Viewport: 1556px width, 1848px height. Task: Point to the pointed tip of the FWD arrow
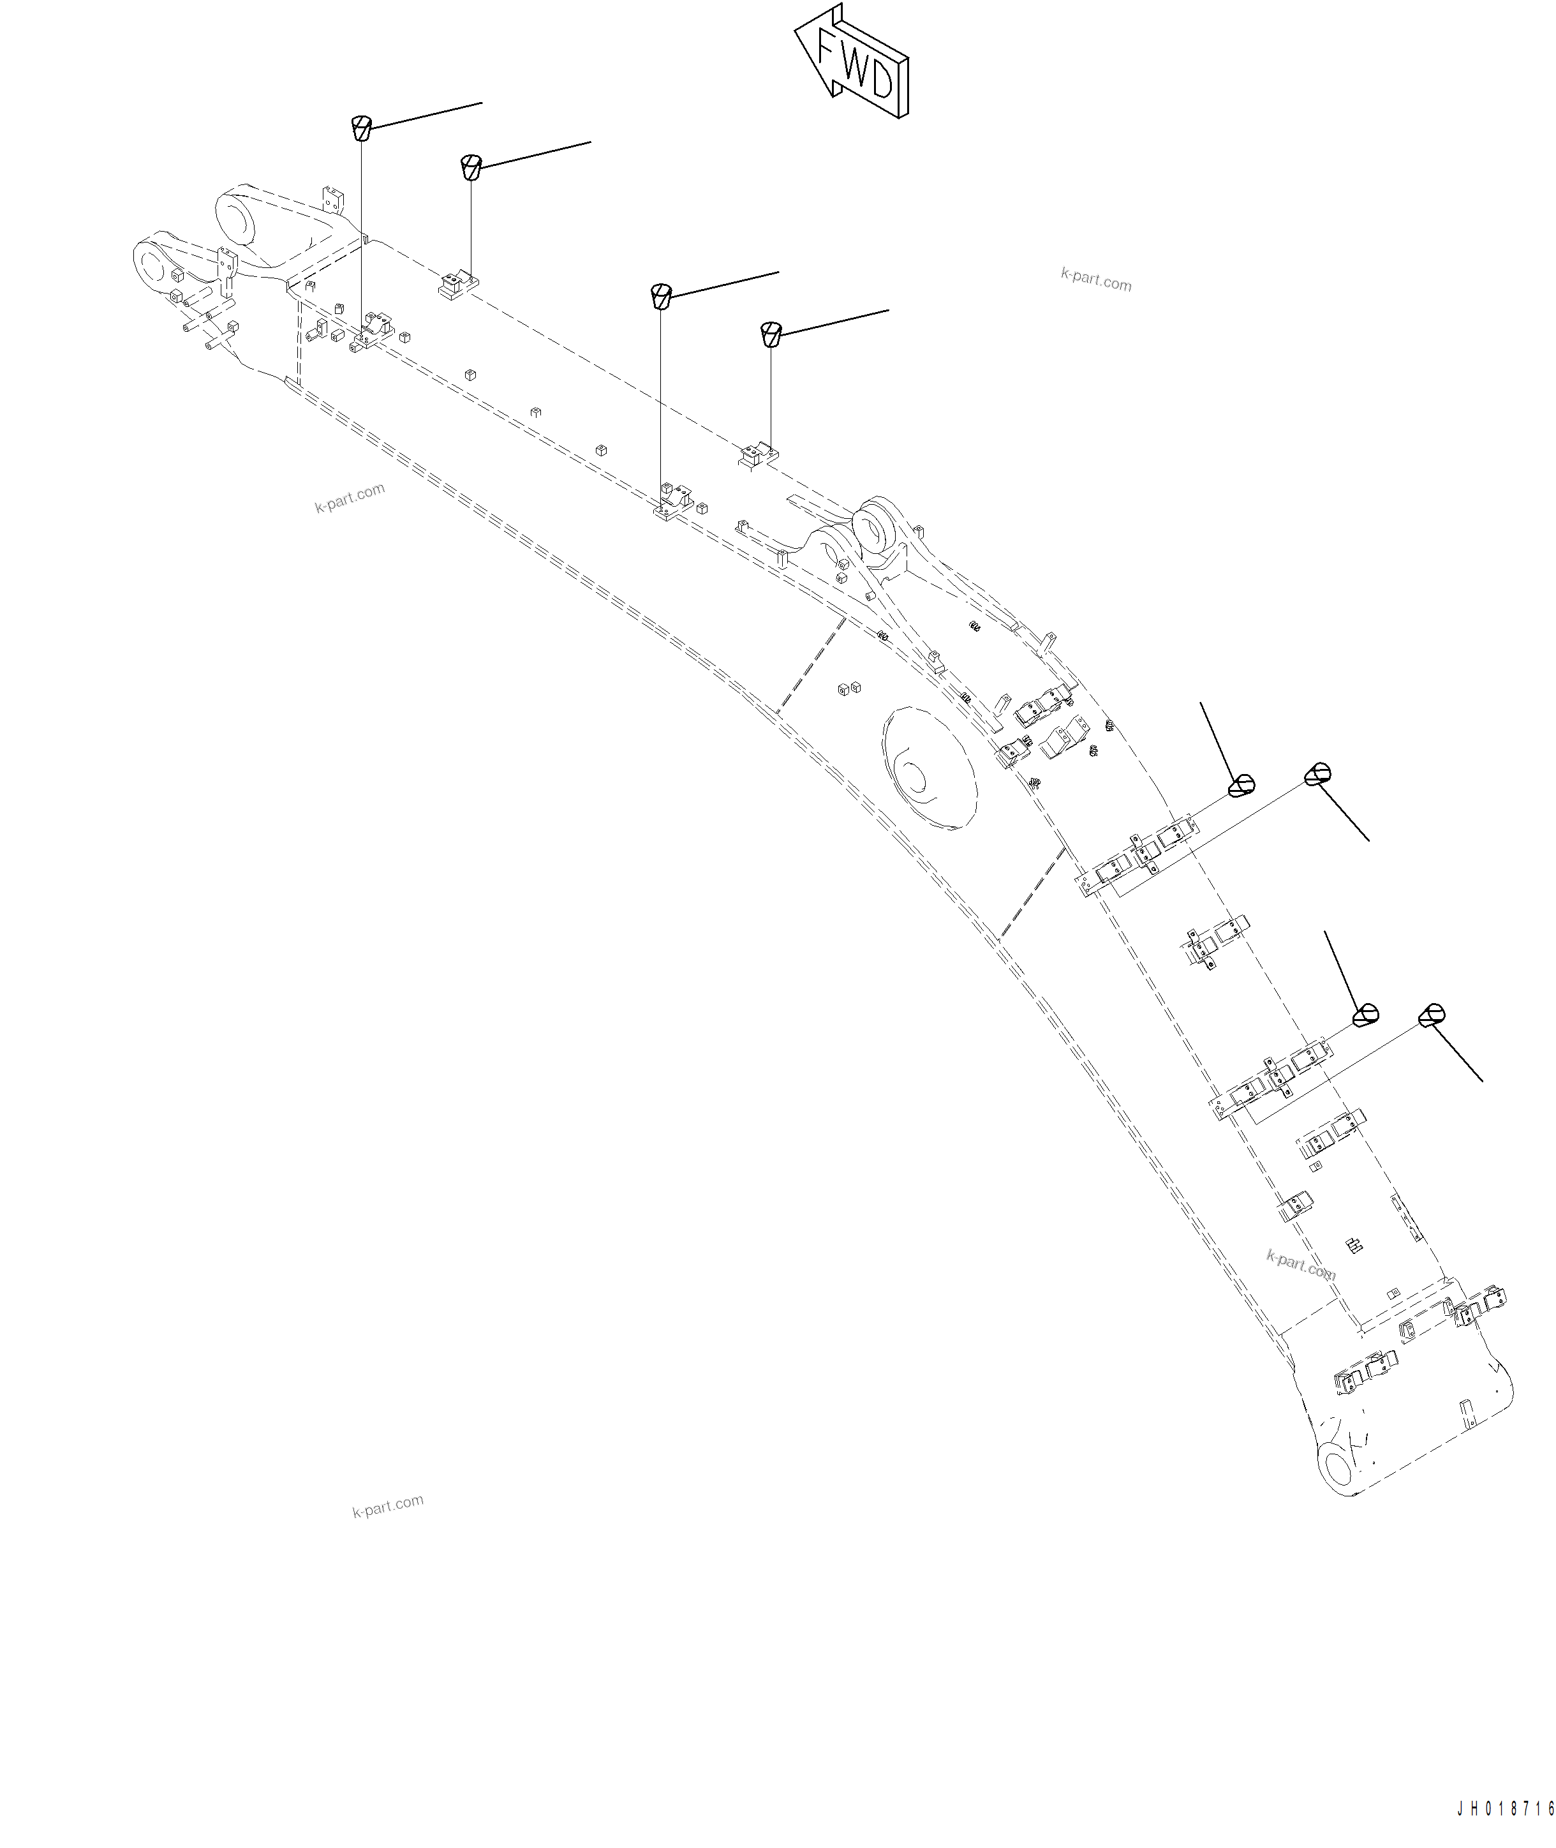click(x=797, y=31)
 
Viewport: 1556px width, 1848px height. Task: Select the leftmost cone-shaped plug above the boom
click(x=360, y=128)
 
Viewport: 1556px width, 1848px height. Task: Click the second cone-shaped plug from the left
click(x=471, y=166)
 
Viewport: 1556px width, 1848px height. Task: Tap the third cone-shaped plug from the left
click(x=661, y=296)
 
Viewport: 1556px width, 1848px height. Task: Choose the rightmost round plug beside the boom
click(x=1432, y=1015)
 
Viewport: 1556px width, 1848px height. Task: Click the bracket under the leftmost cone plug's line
click(x=374, y=330)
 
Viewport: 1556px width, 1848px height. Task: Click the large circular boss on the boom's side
click(x=929, y=768)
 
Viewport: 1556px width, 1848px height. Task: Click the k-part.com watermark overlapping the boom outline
click(x=1300, y=1265)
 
